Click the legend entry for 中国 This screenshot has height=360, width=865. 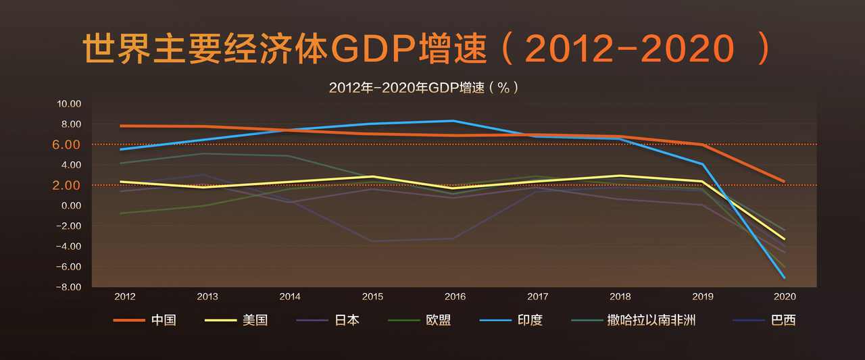[145, 320]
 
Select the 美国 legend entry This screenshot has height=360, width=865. [236, 320]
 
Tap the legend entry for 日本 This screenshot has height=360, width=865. [328, 320]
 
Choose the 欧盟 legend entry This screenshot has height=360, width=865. [420, 320]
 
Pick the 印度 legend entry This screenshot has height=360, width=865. [511, 320]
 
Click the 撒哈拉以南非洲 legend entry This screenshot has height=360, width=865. [633, 320]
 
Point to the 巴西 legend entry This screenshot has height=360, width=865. [764, 320]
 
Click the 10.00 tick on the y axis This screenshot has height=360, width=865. [69, 104]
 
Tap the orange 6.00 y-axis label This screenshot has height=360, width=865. [66, 145]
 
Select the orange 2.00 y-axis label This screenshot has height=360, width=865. [66, 185]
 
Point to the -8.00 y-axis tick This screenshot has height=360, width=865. [69, 287]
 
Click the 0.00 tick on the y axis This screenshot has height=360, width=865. [72, 205]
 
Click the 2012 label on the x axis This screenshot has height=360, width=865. [125, 297]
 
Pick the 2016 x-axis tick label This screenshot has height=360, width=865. [455, 297]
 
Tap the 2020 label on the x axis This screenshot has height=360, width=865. [785, 297]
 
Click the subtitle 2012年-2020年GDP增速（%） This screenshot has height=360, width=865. [424, 88]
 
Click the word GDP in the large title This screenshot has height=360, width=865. [374, 49]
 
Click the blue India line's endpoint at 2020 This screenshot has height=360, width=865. [785, 278]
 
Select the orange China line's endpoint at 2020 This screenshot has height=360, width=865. [785, 181]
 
